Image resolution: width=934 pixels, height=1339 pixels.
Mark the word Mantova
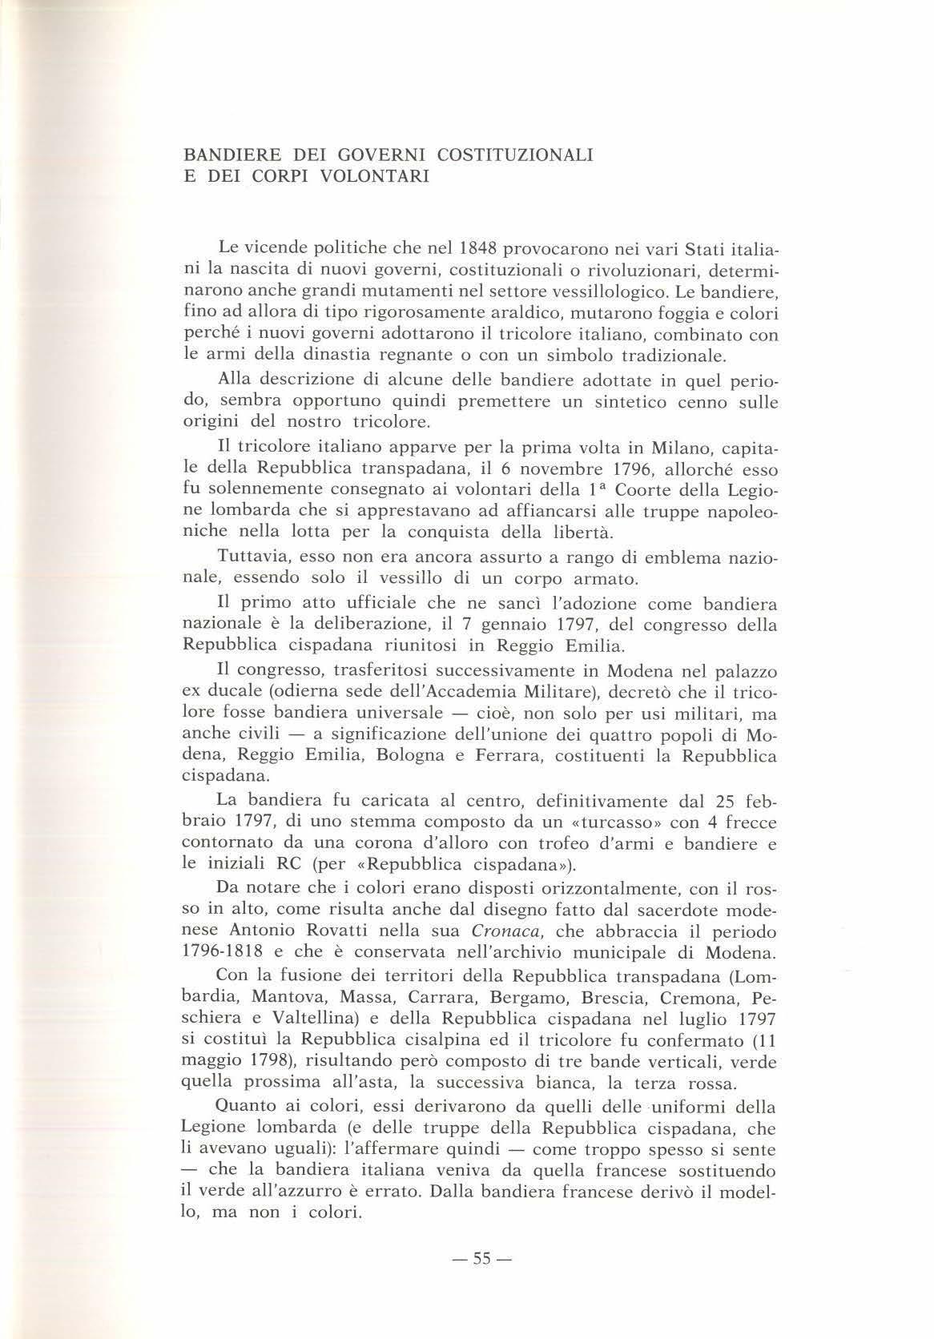coord(288,998)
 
